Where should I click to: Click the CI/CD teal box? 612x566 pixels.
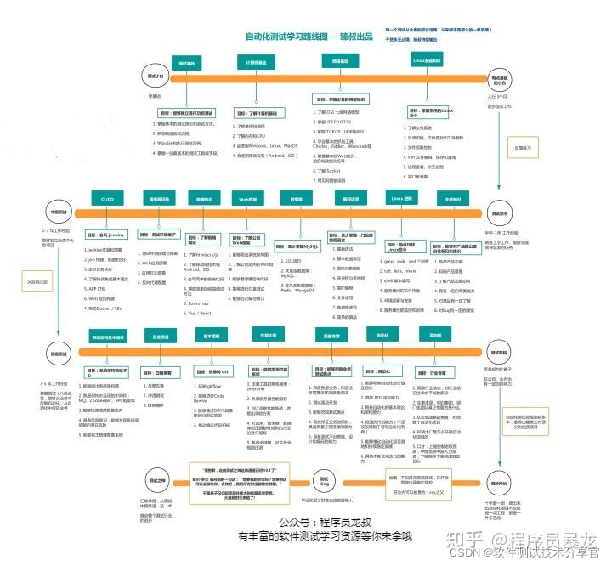pos(107,198)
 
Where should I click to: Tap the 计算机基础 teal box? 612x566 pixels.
pos(256,62)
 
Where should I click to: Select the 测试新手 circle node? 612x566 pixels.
pos(500,214)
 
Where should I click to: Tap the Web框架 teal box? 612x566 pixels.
pos(247,199)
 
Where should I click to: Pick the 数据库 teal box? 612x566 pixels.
pos(297,199)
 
